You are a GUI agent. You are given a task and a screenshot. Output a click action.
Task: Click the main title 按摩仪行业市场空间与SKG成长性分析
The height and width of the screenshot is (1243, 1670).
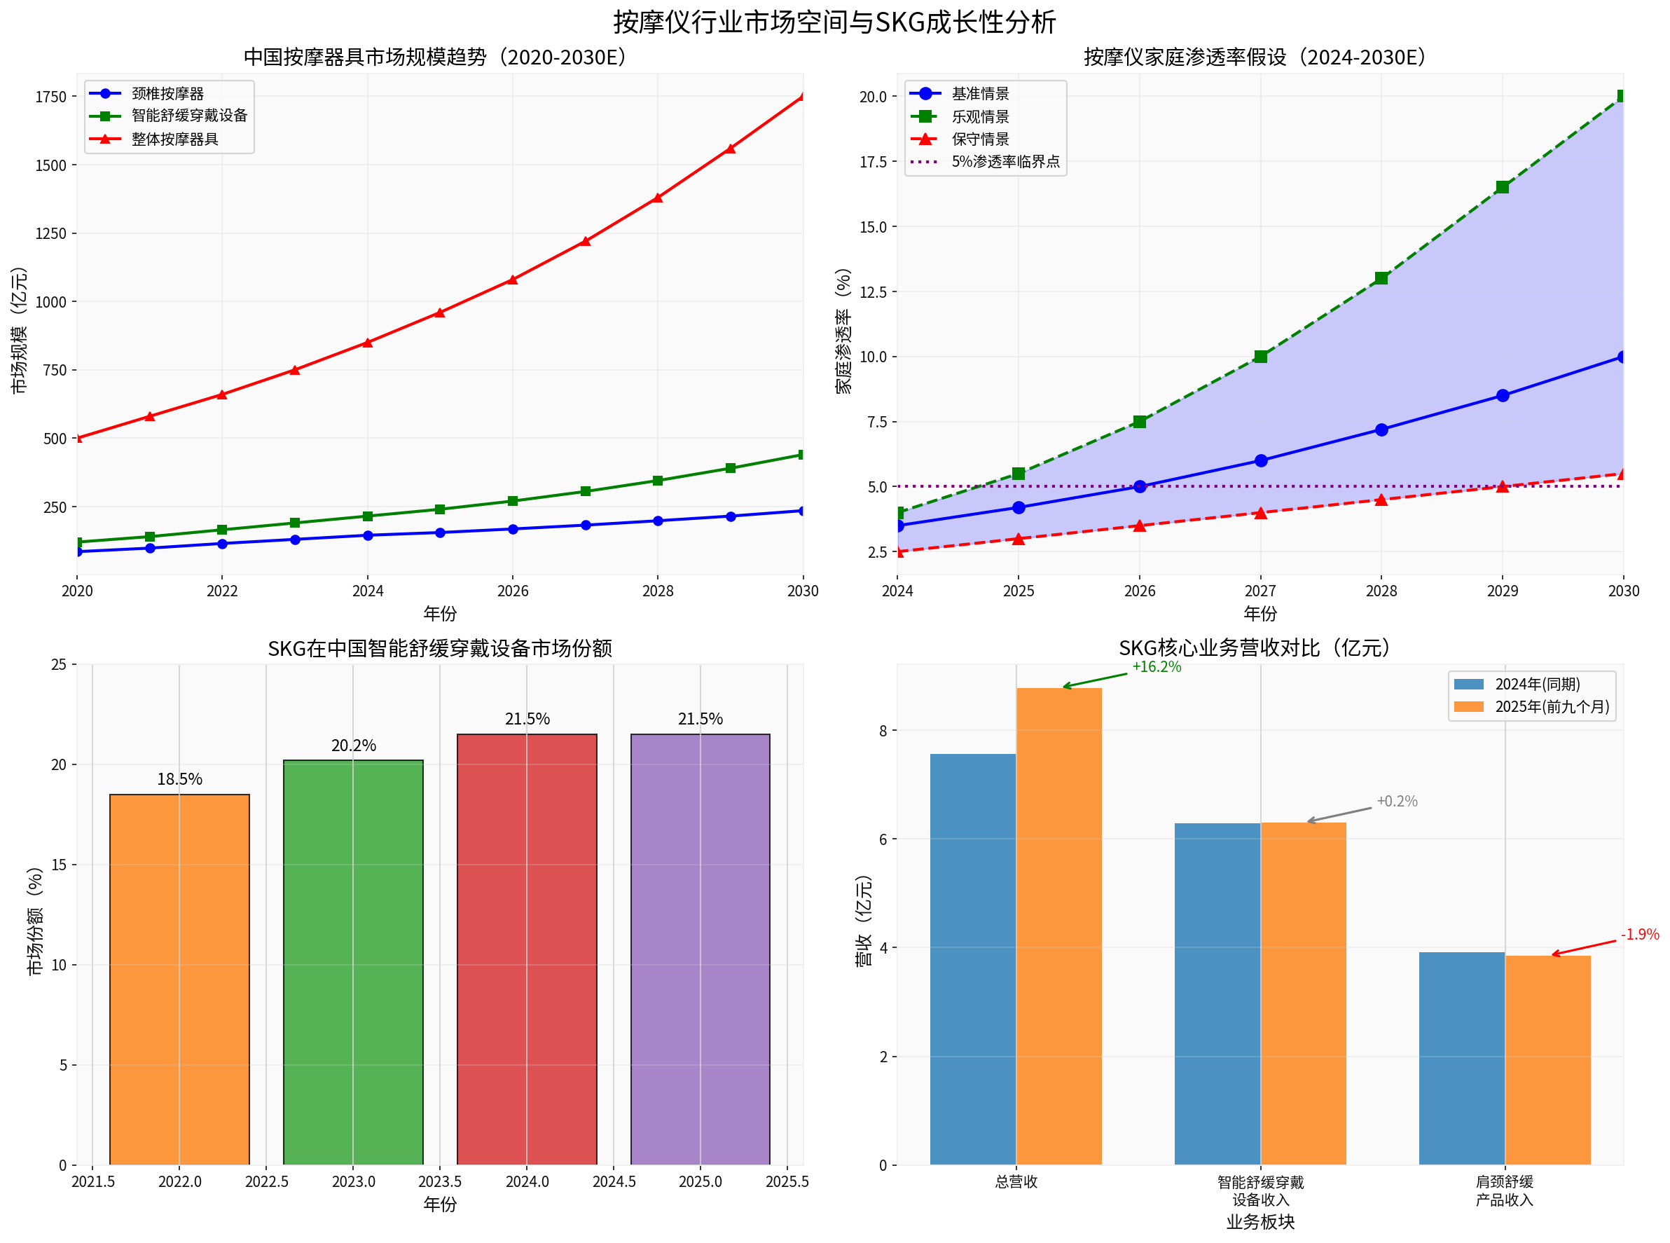(x=834, y=22)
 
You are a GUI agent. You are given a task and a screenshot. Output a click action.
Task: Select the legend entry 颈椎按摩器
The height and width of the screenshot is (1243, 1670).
(x=167, y=93)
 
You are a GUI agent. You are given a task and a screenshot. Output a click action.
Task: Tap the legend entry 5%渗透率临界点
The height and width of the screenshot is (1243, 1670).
(x=1005, y=161)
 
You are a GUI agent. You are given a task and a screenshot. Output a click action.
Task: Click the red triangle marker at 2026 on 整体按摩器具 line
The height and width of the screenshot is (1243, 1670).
(x=512, y=279)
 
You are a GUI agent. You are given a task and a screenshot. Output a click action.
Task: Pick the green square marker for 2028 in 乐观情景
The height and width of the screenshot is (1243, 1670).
(x=1381, y=278)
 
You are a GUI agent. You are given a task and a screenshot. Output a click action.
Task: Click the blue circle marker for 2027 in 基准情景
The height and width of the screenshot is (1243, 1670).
(x=1261, y=460)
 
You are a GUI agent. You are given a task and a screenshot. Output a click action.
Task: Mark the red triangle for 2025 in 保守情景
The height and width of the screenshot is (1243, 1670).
(x=1019, y=539)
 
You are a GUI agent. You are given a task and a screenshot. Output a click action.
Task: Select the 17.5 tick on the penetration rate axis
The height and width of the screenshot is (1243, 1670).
(x=873, y=162)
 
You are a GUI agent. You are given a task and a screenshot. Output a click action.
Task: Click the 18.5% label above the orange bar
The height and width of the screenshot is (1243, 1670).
(x=179, y=778)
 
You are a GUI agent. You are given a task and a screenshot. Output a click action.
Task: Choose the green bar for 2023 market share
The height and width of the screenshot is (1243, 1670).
(x=353, y=963)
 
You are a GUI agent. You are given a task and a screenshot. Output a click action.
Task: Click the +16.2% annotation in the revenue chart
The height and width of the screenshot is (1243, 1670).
(x=1157, y=666)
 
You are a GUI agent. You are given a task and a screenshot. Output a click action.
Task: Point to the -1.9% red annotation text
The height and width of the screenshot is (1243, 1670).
(x=1639, y=935)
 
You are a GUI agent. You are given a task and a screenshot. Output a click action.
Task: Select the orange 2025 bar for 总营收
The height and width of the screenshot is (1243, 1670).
(x=1058, y=926)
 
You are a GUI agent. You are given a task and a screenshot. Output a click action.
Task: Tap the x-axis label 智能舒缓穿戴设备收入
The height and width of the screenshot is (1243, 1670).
(x=1261, y=1190)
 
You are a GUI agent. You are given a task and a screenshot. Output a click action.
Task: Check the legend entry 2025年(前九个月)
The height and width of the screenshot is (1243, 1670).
(x=1552, y=706)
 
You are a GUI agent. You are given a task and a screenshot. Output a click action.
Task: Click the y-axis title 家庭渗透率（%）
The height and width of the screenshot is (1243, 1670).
(x=843, y=331)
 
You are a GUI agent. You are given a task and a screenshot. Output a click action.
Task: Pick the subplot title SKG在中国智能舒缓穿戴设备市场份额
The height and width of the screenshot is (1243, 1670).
(x=440, y=648)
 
